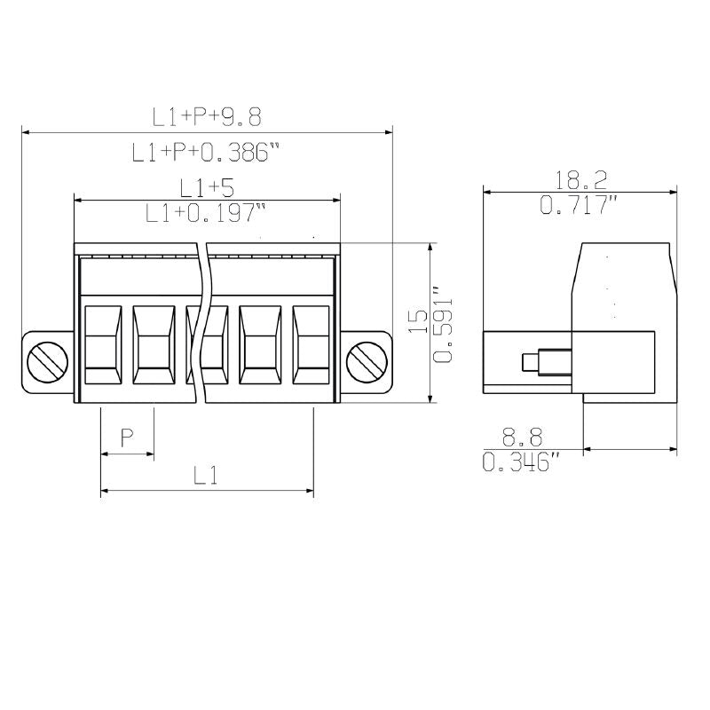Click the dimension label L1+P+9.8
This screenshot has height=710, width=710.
[206, 116]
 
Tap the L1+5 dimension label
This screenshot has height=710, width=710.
[206, 187]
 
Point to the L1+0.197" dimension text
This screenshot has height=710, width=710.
[206, 213]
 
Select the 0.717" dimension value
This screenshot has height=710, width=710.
[580, 206]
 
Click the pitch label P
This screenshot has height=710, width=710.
[127, 437]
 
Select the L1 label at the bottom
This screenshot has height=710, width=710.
[206, 476]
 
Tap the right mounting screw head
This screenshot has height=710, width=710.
[366, 362]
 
